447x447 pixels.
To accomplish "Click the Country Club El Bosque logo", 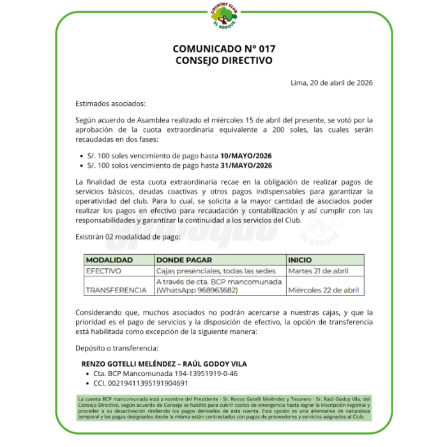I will point(223,15).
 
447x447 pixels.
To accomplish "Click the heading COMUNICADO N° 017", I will point(223,49).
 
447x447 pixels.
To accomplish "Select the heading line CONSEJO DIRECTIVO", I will point(223,61).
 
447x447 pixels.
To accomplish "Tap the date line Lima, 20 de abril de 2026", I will point(331,82).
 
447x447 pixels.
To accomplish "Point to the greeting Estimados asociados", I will point(110,103).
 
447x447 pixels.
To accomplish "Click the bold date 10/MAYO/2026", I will point(246,156).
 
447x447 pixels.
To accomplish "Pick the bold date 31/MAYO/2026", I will point(246,166).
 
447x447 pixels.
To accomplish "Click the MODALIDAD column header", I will point(109,261).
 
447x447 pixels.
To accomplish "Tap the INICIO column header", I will point(300,261).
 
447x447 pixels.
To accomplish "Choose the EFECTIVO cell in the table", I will point(103,271).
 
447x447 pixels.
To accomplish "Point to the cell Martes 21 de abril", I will point(318,271).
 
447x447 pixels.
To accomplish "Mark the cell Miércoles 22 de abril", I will point(323,290).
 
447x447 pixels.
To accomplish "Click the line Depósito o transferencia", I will point(116,349).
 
